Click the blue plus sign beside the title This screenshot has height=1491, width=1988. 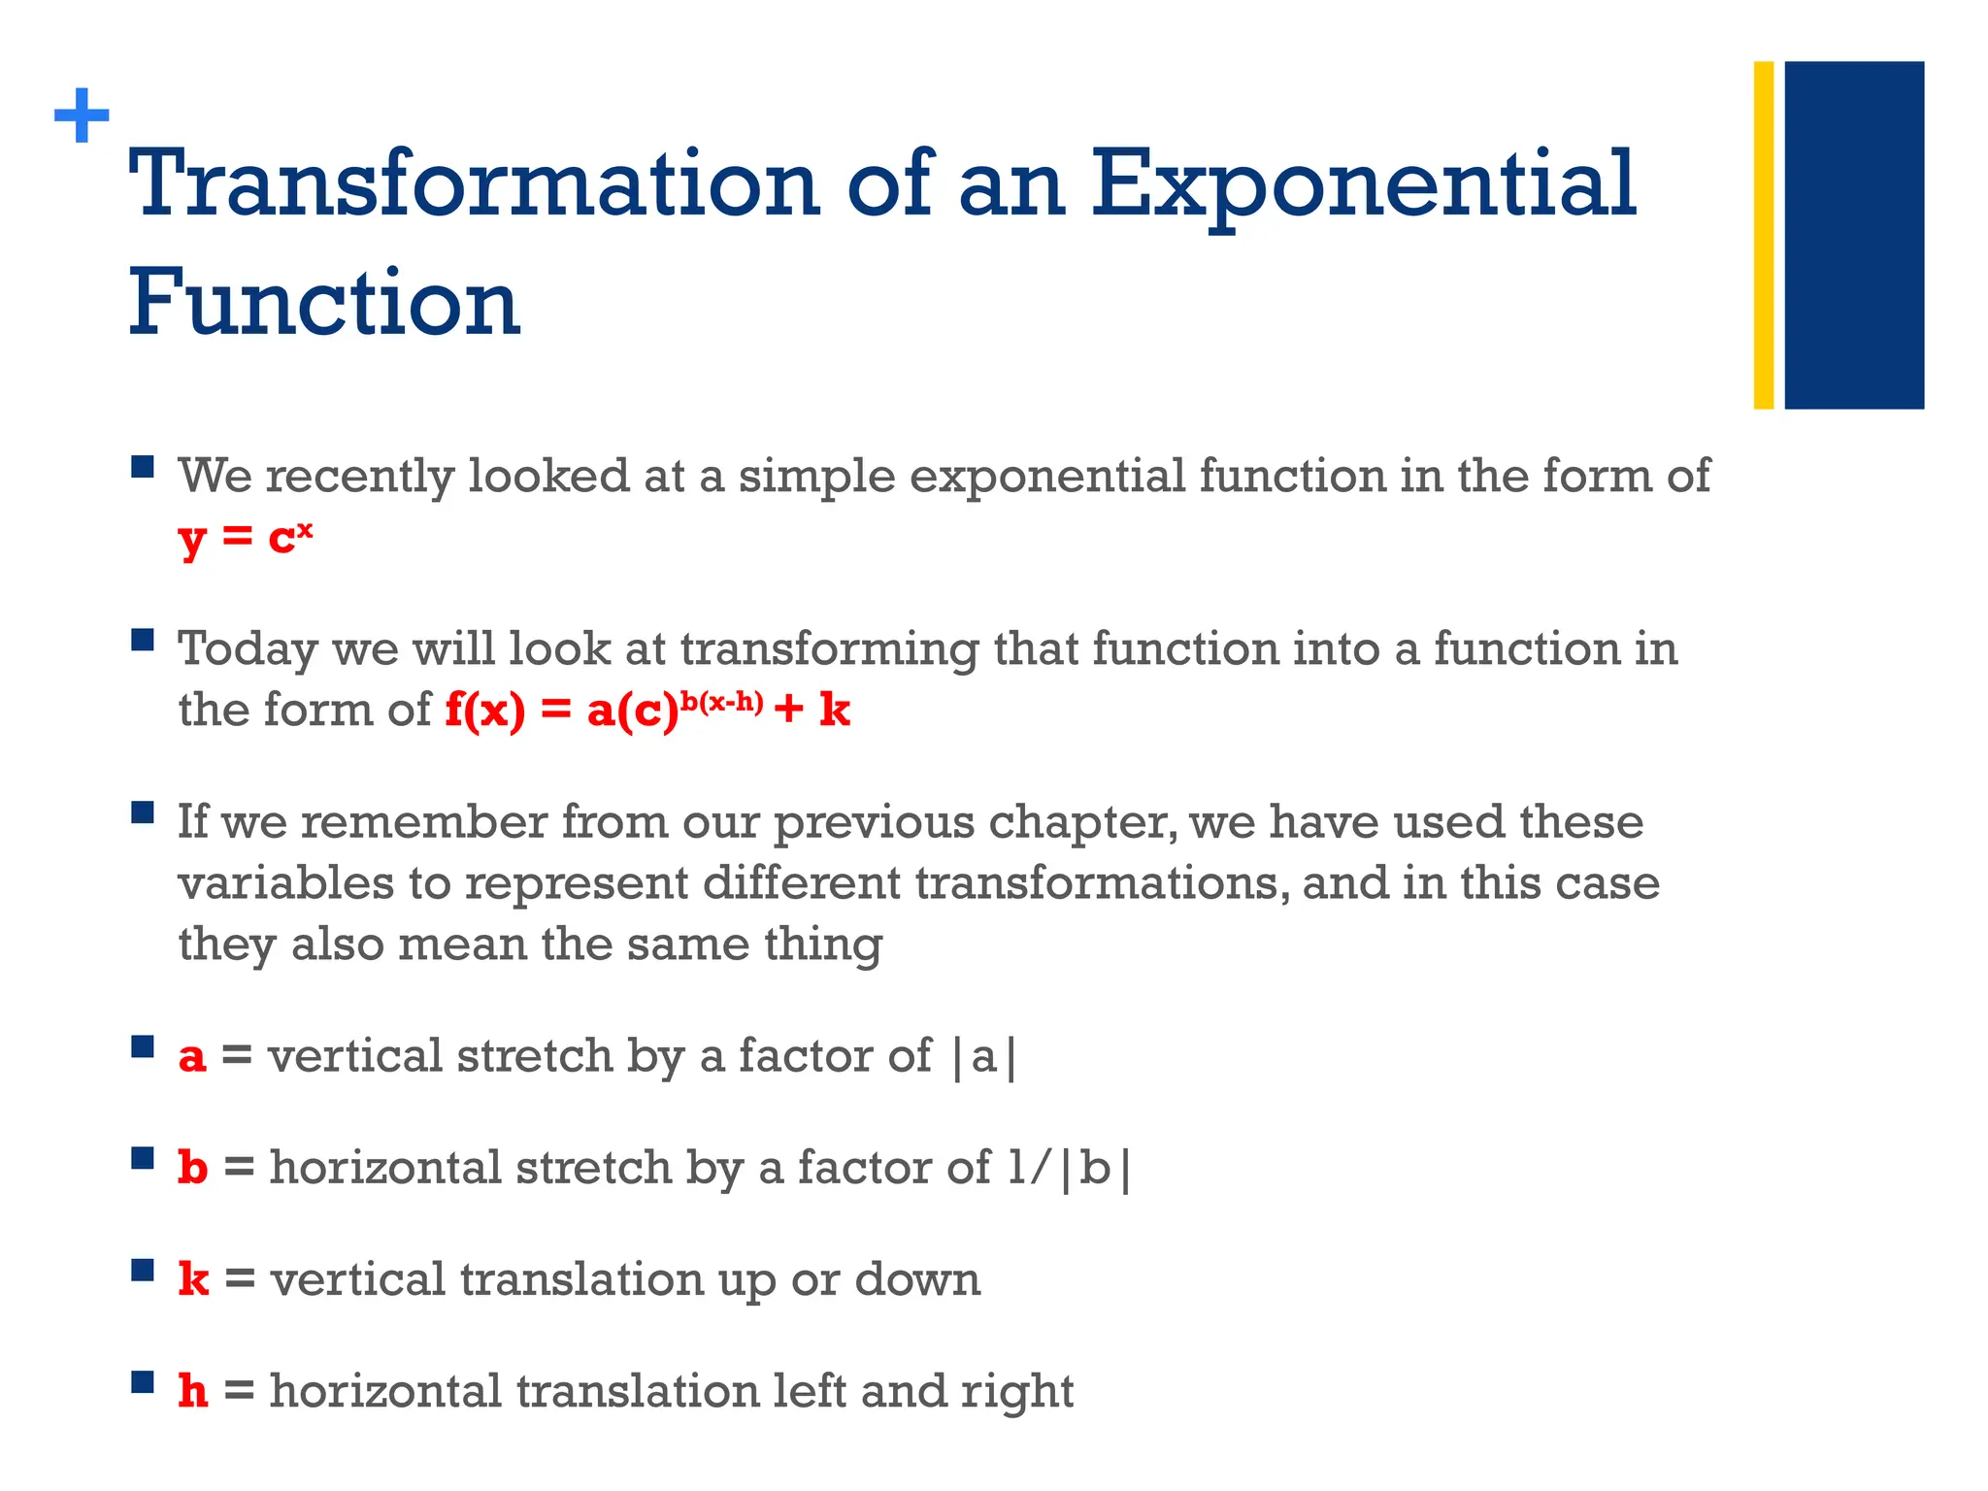pos(82,116)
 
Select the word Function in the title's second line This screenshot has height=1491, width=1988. pos(324,303)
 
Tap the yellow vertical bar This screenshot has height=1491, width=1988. pos(1763,235)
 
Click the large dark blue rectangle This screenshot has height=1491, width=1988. pos(1854,235)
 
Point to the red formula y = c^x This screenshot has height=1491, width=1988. pos(246,537)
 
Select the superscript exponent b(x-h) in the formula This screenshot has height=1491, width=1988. pos(720,701)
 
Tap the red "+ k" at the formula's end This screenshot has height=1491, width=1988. pos(812,711)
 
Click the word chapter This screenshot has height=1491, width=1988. pos(1081,823)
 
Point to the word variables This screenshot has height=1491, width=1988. pos(285,883)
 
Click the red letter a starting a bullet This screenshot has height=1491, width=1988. pos(192,1056)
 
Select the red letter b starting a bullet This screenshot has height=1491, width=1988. pos(192,1167)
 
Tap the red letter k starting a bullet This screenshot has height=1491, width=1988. pos(193,1279)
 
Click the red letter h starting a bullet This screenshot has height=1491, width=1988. pos(192,1391)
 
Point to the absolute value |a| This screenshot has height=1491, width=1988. pos(983,1056)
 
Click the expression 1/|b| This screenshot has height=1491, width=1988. pos(1069,1168)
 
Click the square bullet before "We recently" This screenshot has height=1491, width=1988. pos(143,468)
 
